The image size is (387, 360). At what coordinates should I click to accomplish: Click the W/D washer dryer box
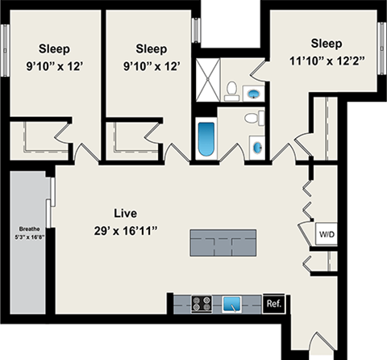[327, 235]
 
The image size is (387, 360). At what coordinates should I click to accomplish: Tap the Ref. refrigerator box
[273, 303]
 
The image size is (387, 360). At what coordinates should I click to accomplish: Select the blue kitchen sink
[234, 304]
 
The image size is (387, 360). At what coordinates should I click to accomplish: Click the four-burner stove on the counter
[202, 304]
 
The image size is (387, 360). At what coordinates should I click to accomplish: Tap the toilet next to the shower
[231, 90]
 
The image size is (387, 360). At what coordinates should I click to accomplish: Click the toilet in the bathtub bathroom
[254, 120]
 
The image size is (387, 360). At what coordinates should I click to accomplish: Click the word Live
[125, 214]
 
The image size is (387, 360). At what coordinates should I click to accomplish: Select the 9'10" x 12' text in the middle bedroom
[152, 64]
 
